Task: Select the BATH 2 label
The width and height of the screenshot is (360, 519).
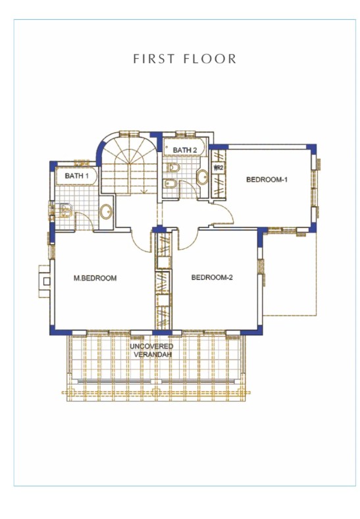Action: [x=185, y=151]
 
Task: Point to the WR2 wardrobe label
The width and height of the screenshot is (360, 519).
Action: [x=219, y=169]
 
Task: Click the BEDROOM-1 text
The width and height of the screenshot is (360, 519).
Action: [x=267, y=179]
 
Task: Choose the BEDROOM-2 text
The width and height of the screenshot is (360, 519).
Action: [x=212, y=277]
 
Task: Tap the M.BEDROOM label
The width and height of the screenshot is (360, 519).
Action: [x=95, y=278]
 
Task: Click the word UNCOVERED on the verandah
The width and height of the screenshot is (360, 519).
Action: [x=151, y=346]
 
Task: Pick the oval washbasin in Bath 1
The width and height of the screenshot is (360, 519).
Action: [x=106, y=212]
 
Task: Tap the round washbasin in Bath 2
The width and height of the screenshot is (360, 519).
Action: [x=202, y=177]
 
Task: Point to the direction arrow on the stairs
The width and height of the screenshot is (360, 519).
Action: [x=143, y=190]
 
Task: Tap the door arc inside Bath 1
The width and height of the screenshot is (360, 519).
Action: [x=84, y=221]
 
